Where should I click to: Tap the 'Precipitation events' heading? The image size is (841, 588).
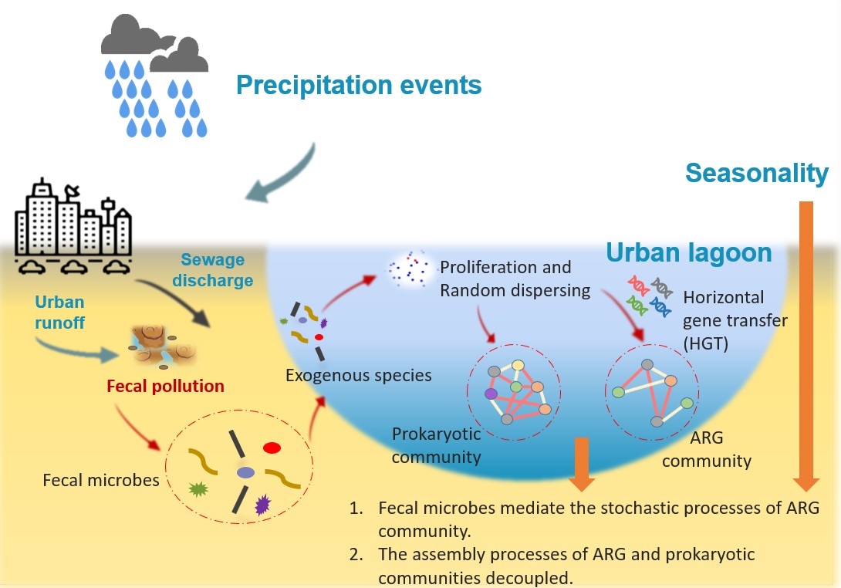[x=359, y=84]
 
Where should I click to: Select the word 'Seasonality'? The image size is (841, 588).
[x=757, y=174]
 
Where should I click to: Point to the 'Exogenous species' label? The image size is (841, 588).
[x=358, y=377]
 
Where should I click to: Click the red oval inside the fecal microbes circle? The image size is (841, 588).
[x=272, y=447]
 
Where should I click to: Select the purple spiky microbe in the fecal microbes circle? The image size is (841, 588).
[x=262, y=505]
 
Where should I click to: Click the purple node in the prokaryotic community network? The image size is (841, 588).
[x=491, y=394]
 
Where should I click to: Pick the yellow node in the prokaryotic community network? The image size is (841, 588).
[x=518, y=365]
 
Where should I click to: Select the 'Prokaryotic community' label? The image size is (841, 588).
[x=436, y=444]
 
